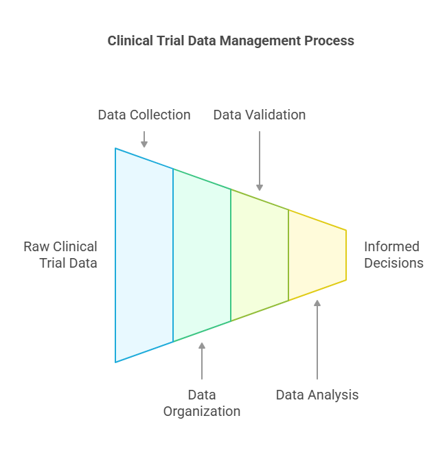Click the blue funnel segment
(144, 255)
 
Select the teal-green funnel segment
(202, 255)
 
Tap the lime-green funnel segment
(260, 255)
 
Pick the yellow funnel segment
(317, 255)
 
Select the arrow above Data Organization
(202, 361)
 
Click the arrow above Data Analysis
(317, 339)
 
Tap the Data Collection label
(144, 115)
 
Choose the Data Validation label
(260, 115)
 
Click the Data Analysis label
(317, 395)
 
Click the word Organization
(202, 412)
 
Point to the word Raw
(36, 247)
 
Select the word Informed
(391, 247)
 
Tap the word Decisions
(393, 264)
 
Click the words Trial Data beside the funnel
(68, 264)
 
